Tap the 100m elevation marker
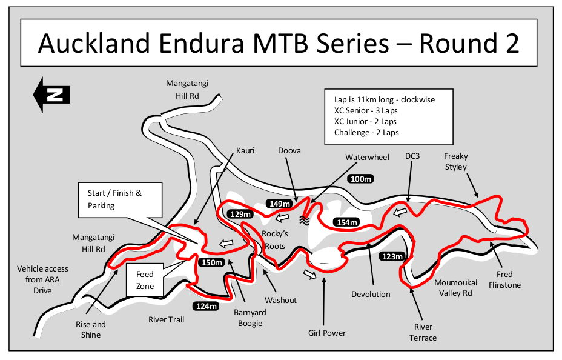pos(361,179)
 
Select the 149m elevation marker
pos(279,204)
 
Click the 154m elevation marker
pos(347,222)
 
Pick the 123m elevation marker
pos(392,257)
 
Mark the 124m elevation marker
pos(206,306)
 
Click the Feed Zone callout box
pos(145,280)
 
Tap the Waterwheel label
pos(367,158)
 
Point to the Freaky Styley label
pos(456,161)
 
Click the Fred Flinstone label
pos(504,279)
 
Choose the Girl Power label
pos(326,333)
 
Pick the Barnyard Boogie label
pos(250,318)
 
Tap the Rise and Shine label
pos(91,329)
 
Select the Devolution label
pos(371,295)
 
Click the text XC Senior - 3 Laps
pos(366,110)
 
